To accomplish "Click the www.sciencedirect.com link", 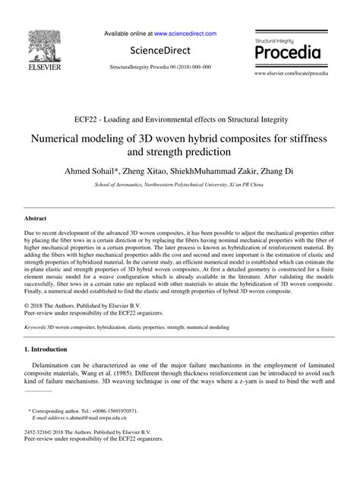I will tap(185, 33).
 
